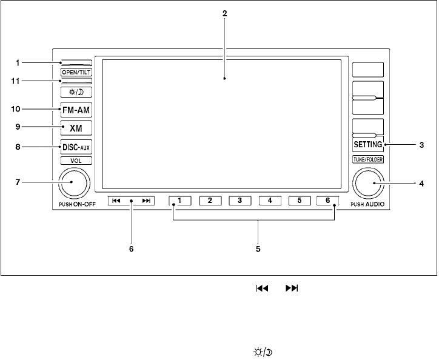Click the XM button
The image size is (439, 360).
tap(76, 128)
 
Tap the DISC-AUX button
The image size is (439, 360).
tap(76, 147)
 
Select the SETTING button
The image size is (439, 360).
tap(367, 145)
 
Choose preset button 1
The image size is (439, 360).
tap(181, 201)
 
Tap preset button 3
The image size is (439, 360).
tap(240, 201)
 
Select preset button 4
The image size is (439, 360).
tap(270, 201)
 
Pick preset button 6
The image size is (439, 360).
tap(329, 201)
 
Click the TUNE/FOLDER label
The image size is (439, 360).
tap(367, 159)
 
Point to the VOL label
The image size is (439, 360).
tap(76, 161)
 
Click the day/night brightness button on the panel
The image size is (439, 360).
tap(76, 92)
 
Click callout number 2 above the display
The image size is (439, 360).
tap(225, 13)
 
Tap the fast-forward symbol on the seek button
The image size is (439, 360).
tap(146, 201)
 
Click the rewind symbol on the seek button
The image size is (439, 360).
tap(116, 201)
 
